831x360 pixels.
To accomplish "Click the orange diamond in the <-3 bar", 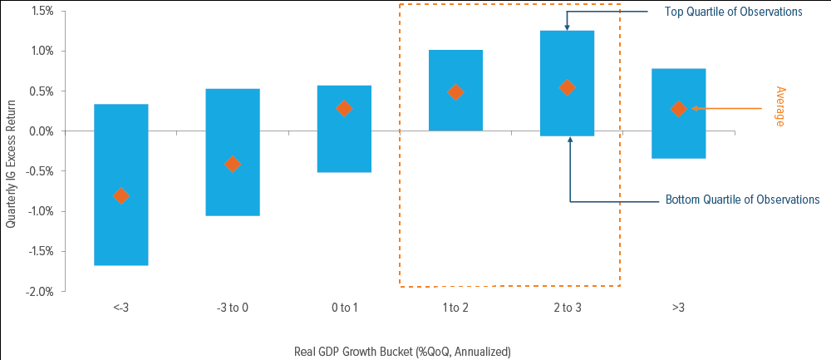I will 121,196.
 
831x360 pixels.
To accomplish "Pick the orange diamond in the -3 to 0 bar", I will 233,164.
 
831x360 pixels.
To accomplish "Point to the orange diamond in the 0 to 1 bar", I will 344,108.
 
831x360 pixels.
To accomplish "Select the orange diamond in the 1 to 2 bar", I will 455,92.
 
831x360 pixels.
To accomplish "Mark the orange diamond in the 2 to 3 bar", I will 567,87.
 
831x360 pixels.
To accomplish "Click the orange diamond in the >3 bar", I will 678,109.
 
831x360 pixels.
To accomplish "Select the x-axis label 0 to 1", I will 344,308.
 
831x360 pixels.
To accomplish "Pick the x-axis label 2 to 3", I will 567,308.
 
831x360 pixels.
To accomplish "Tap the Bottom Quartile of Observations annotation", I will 742,200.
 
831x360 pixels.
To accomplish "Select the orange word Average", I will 779,106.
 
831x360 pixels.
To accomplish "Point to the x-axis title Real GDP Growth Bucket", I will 402,351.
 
